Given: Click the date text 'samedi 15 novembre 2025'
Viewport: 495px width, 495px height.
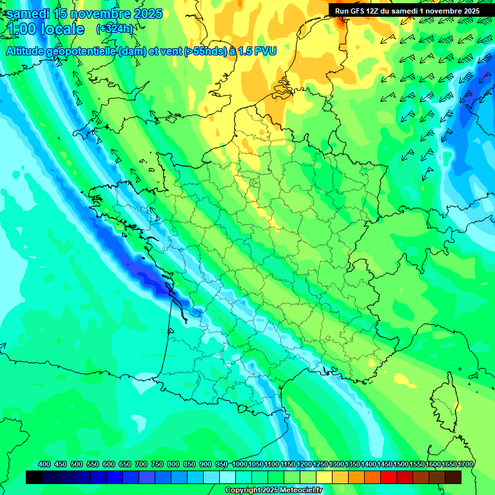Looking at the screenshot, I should tap(84, 14).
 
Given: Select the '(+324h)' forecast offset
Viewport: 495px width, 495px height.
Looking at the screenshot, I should tap(114, 29).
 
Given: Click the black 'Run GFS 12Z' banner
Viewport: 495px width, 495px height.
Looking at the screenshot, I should tap(407, 11).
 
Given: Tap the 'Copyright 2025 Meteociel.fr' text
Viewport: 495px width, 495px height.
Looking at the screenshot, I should tap(273, 490).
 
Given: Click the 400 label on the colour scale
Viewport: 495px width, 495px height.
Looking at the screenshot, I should tap(44, 465).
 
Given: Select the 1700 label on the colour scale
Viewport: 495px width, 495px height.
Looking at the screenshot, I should tap(465, 465).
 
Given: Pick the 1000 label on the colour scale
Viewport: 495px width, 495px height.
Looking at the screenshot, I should tap(240, 465).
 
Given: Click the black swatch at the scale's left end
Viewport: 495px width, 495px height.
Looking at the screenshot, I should tap(34, 478).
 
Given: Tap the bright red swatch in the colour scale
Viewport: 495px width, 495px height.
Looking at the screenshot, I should tap(389, 478).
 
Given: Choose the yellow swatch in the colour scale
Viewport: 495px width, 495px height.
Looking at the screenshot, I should tap(324, 478).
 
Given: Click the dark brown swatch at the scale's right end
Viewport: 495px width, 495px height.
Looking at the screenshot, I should tap(453, 478).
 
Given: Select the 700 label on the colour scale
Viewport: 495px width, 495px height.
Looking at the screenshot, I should tap(141, 465).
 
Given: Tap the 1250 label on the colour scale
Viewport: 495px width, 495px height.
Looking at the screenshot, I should tap(320, 465).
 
